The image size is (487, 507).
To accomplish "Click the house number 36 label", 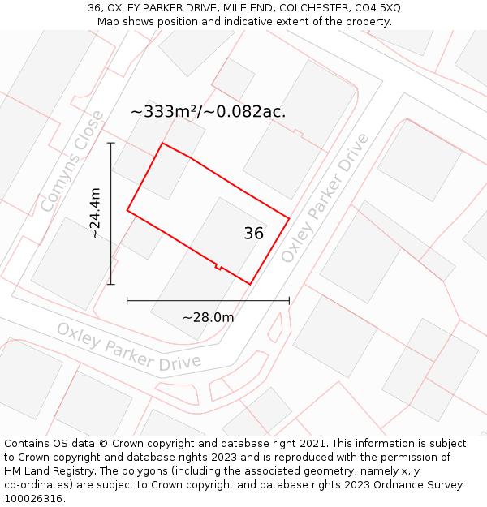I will coord(253,234).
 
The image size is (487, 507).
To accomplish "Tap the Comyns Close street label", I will coord(72,162).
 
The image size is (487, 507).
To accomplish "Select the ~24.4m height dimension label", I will coord(95,213).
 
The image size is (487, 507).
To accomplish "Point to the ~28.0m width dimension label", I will coord(208,317).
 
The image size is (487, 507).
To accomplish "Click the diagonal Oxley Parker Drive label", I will coord(325,198).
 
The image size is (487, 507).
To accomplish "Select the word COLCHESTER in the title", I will coord(312,8).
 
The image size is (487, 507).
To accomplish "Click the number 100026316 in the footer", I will coord(34,499).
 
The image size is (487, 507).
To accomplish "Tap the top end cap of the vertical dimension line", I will coord(111,144).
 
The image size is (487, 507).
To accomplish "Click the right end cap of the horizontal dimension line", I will coord(289,301).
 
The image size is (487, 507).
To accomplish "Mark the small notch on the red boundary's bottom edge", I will coord(218,265).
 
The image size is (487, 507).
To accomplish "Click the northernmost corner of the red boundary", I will coord(162,144).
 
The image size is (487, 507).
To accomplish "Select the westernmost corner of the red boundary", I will coord(127,211).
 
